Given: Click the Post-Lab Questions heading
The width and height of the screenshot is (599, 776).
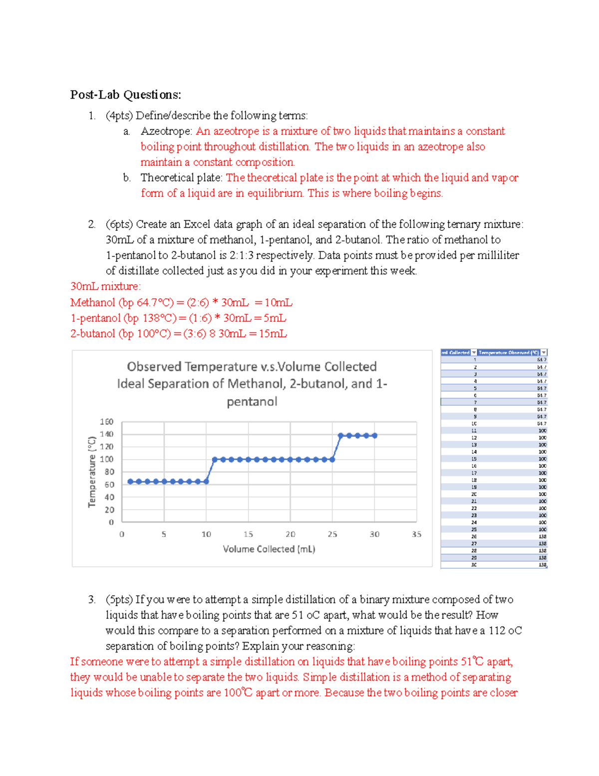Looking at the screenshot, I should click(x=125, y=95).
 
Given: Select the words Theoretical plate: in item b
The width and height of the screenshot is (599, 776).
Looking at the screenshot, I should click(x=181, y=178).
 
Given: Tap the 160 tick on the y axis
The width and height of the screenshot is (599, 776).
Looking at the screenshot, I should click(x=107, y=422).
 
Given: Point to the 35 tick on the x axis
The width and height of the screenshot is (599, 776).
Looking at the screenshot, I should click(x=416, y=535).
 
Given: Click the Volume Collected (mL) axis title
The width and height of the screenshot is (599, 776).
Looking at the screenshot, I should click(x=269, y=549).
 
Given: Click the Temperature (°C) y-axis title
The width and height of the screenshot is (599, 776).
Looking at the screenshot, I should click(x=92, y=472).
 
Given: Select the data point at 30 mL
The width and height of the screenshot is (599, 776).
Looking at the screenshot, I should click(x=375, y=436).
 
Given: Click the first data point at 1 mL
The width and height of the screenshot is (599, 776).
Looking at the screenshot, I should click(x=131, y=482).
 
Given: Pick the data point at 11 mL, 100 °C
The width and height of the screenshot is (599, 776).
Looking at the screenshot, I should click(x=215, y=460).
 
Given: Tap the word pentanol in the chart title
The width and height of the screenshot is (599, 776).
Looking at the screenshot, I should click(x=252, y=402).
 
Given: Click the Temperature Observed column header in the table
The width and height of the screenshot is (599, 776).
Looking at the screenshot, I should click(x=508, y=353).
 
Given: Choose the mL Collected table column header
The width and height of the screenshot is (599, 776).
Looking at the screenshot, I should click(x=455, y=353).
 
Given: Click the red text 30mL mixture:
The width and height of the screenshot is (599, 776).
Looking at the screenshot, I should click(x=106, y=287).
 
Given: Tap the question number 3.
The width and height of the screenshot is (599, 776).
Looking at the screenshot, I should click(x=92, y=600).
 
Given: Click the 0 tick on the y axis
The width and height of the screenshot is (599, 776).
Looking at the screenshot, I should click(x=111, y=522).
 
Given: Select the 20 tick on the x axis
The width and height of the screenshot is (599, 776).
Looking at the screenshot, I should click(x=291, y=535).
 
